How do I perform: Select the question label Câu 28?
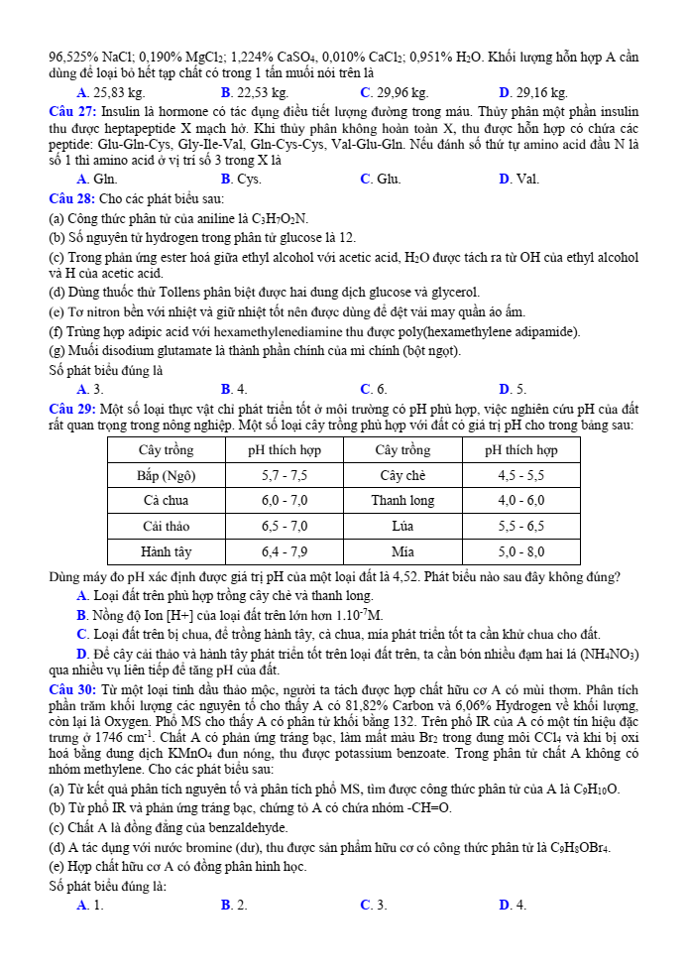72,198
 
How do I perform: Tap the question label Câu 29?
72,409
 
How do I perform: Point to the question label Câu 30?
72,688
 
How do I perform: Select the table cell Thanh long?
402,500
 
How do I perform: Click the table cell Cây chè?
402,475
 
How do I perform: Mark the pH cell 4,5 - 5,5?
520,475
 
